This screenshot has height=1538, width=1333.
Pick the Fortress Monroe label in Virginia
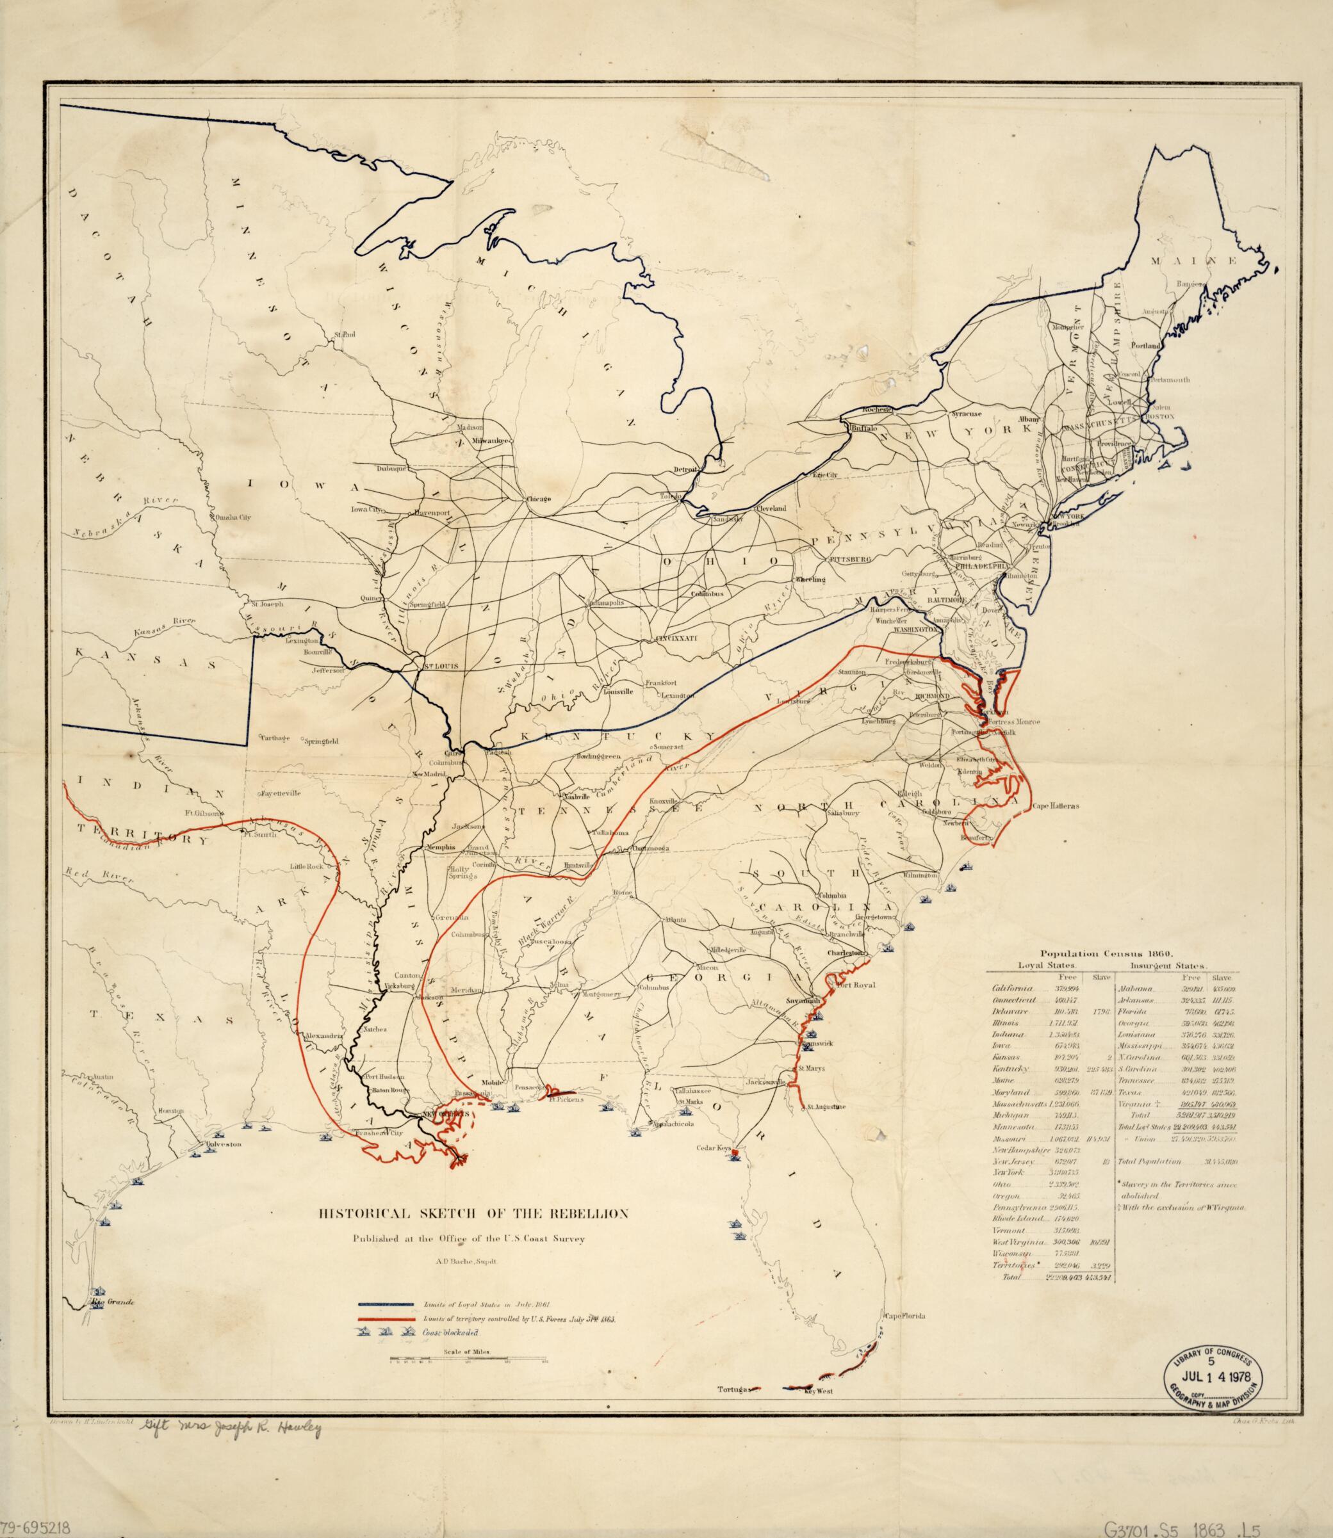tap(1014, 722)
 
